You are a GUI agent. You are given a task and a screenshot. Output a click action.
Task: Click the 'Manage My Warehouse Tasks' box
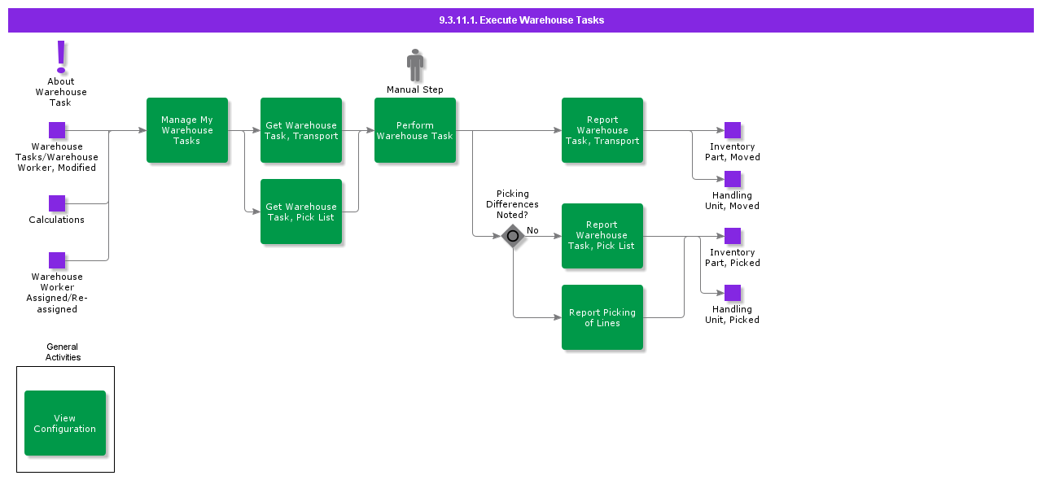coord(187,130)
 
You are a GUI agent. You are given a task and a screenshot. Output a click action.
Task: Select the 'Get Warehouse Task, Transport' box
coord(301,130)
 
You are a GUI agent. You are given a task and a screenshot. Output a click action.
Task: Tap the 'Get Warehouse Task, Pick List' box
coord(301,212)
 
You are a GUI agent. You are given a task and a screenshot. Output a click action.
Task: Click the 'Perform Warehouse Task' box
coord(415,130)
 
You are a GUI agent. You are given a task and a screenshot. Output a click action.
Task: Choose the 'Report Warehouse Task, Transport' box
coord(602,130)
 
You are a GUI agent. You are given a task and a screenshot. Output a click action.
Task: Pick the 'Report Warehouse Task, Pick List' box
coord(602,236)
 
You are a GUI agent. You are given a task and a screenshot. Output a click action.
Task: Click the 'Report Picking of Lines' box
coord(602,317)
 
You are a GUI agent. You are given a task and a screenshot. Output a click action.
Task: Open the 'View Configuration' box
coord(65,423)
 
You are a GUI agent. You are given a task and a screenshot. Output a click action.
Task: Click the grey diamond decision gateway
coord(513,237)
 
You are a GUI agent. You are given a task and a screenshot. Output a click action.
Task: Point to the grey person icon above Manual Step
coord(415,65)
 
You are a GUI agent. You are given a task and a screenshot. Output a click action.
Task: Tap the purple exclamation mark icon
coord(61,57)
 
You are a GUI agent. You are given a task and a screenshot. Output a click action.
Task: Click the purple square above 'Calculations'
coord(57,203)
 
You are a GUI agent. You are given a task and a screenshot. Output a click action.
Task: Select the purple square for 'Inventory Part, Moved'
coord(733,130)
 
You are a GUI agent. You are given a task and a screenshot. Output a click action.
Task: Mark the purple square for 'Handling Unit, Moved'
coord(733,179)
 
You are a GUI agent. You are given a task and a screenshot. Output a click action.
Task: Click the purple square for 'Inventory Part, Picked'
coord(733,236)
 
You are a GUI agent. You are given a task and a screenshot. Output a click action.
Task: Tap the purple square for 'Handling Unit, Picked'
coord(733,293)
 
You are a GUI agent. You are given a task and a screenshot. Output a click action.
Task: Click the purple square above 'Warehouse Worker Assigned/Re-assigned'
coord(57,260)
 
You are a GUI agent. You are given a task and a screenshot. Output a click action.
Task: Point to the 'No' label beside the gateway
coord(532,230)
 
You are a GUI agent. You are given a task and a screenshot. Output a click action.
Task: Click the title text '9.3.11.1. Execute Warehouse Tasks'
coord(521,20)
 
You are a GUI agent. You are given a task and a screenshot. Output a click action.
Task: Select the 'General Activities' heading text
coord(63,351)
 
